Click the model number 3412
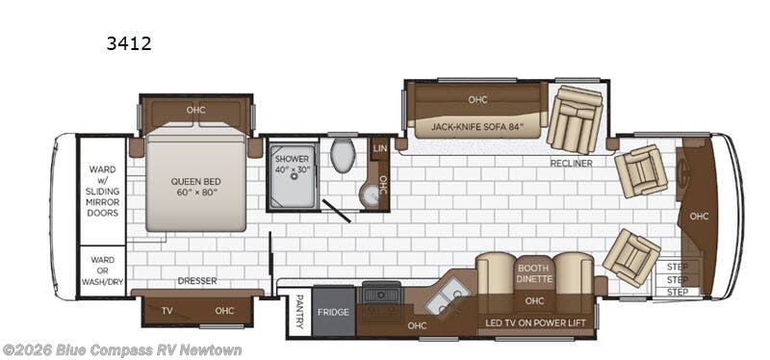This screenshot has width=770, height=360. point(129,43)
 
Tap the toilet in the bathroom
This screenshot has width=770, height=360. point(343,155)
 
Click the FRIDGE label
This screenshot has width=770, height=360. point(333,312)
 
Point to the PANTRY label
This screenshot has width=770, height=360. point(299,311)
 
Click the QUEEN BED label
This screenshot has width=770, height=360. point(195,186)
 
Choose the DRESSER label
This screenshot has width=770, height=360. point(197,281)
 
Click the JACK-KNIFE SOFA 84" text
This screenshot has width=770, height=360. point(477,127)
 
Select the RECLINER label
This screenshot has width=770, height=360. point(571,163)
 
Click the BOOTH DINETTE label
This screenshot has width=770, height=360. point(535,273)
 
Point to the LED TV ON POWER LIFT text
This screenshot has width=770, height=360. point(535,323)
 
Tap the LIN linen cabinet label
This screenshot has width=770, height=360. point(379,148)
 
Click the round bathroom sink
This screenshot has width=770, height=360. point(370,195)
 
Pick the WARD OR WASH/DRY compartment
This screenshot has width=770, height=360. point(103,271)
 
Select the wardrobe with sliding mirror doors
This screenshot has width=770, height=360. point(103,191)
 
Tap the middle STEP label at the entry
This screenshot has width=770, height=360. point(678,279)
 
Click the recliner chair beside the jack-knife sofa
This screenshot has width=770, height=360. point(575,119)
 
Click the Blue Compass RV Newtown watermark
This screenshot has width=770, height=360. point(122,350)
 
